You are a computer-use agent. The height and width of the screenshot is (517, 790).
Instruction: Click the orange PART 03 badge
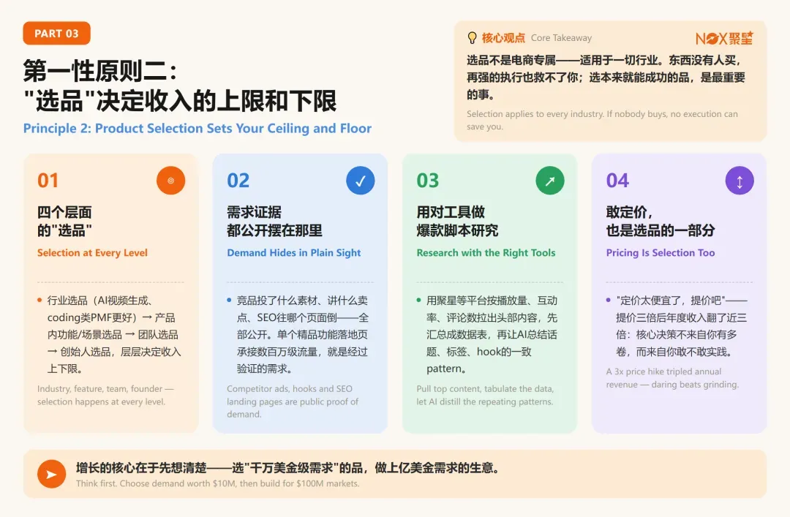coord(56,33)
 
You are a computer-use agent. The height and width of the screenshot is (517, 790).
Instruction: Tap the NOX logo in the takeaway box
coord(724,38)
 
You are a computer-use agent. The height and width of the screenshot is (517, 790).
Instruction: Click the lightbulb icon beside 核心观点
coord(472,38)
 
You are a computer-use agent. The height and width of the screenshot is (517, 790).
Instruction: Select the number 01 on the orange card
coord(48,181)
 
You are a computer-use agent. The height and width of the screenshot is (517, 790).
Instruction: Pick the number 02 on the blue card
coord(238,181)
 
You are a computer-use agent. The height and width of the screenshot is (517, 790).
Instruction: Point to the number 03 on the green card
coord(428,181)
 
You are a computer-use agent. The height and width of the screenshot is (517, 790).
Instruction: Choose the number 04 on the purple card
coord(617,181)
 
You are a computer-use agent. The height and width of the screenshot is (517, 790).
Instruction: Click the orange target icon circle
coord(170,181)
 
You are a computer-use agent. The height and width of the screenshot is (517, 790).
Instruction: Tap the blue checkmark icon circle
coord(360,181)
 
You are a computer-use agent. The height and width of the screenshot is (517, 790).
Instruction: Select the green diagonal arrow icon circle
coord(550,181)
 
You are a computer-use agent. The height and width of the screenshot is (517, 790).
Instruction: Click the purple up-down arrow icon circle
coord(740,181)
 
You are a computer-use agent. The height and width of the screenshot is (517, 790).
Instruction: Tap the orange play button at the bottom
coord(51,474)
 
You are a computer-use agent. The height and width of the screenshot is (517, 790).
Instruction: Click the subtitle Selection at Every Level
coord(92,253)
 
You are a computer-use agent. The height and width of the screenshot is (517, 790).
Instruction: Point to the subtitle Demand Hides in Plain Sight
coord(294,253)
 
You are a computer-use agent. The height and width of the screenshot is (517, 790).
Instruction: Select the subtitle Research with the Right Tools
coord(486,253)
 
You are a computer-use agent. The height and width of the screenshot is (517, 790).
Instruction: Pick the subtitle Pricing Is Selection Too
coord(661,253)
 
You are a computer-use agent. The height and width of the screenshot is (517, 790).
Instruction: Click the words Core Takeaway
coord(561,38)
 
